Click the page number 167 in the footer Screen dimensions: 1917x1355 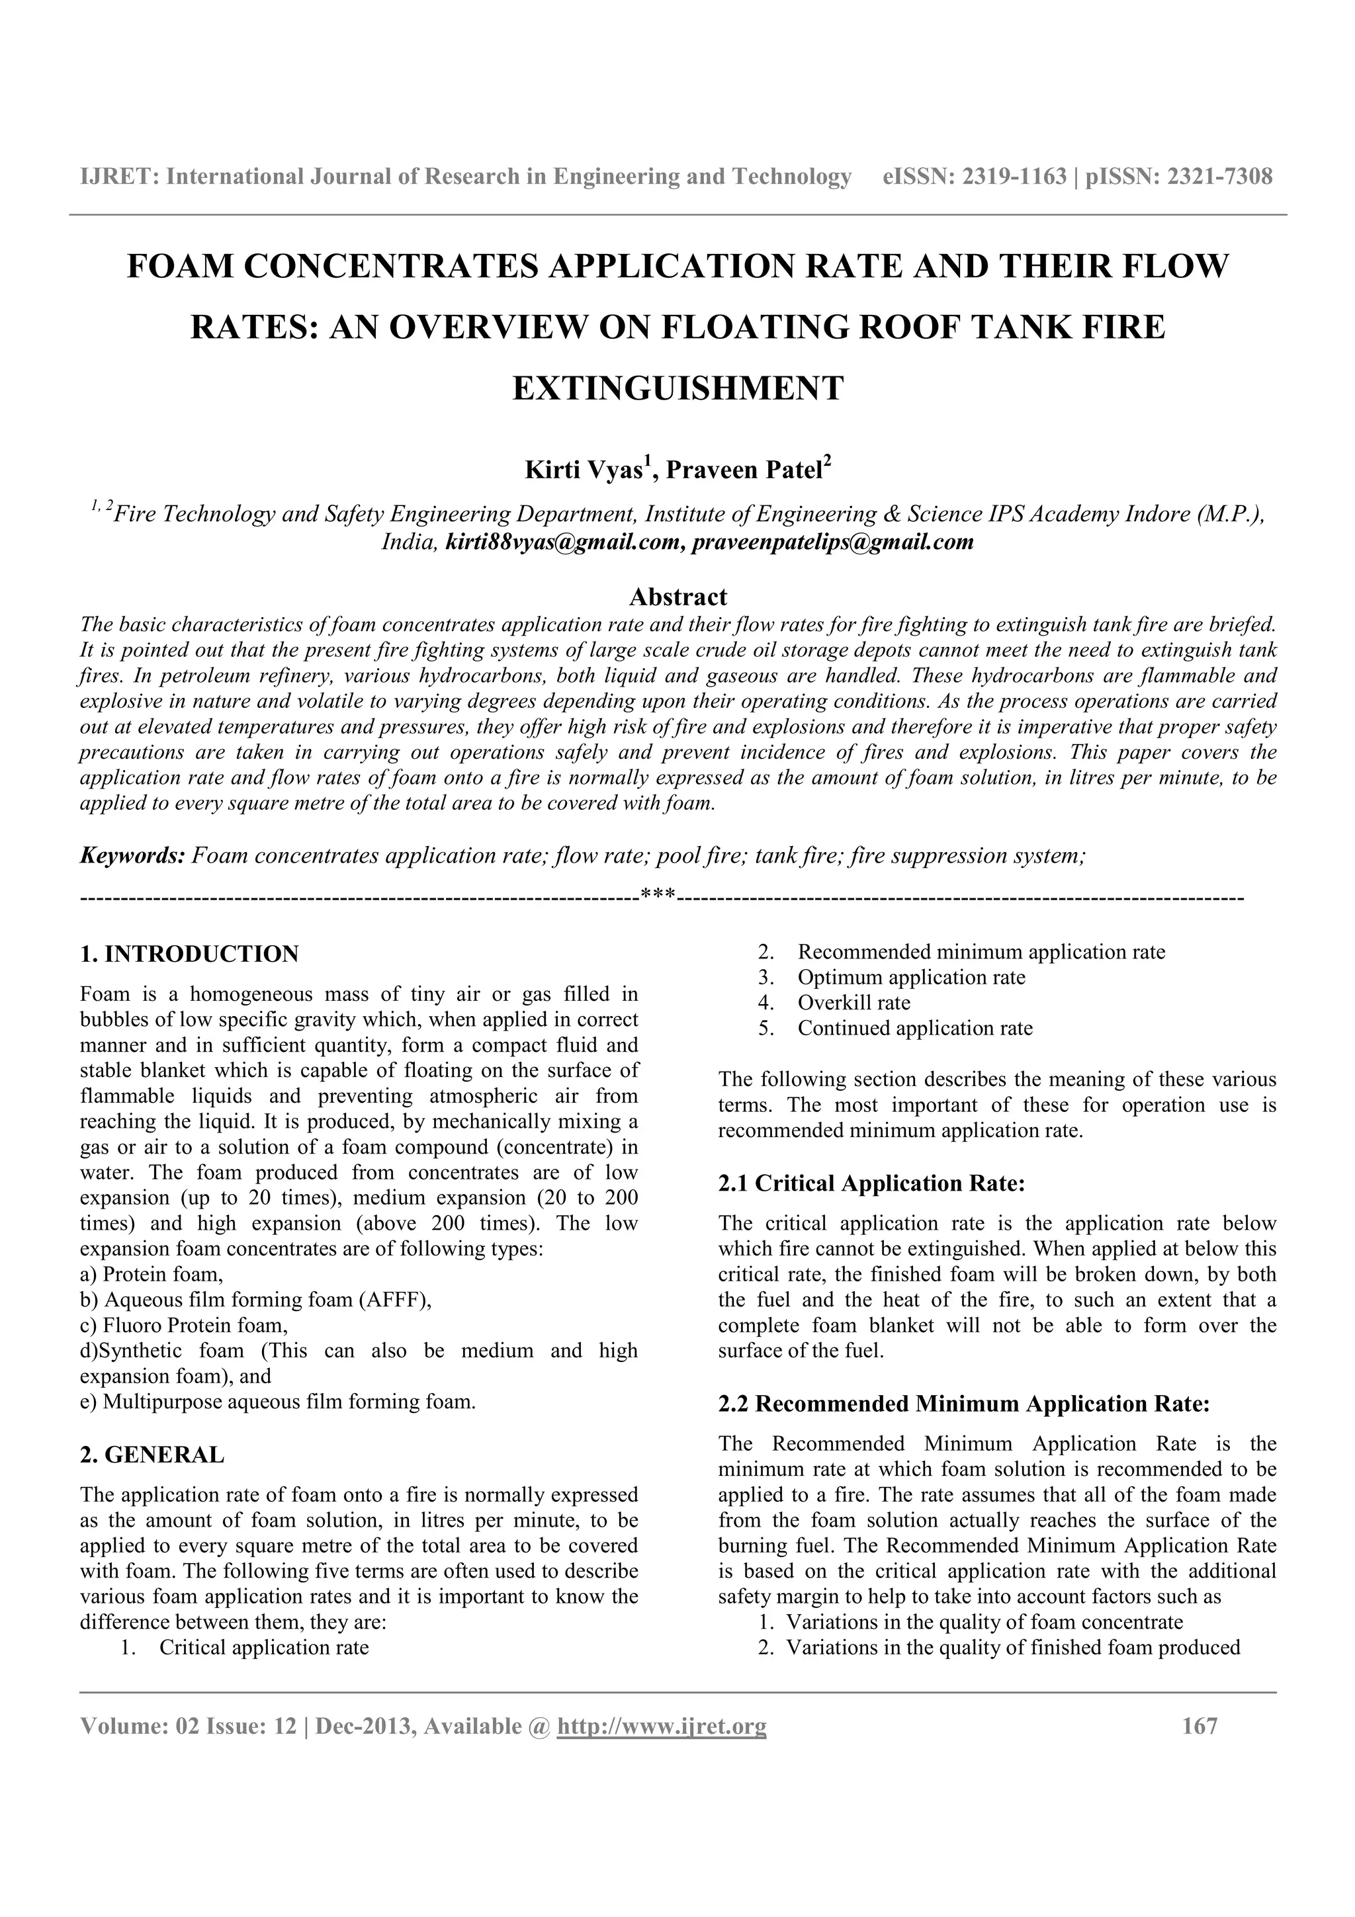[1200, 1726]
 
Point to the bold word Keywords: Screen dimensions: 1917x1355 [132, 856]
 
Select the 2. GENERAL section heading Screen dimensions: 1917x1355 [152, 1455]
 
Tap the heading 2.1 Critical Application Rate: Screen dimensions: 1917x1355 [871, 1183]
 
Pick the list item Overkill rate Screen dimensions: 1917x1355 [853, 1003]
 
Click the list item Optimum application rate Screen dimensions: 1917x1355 [911, 977]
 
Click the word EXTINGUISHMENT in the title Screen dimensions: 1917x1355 [677, 388]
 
